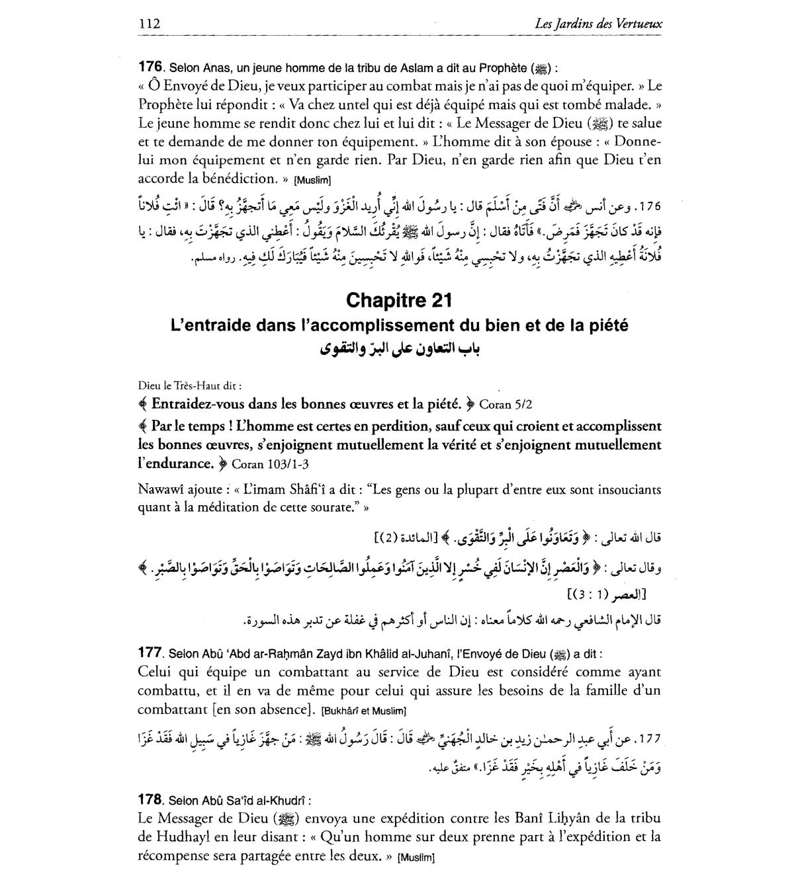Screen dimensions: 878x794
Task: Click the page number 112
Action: pyautogui.click(x=150, y=24)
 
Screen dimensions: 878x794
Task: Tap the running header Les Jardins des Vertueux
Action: pyautogui.click(x=599, y=24)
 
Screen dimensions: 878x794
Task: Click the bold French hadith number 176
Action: pyautogui.click(x=150, y=67)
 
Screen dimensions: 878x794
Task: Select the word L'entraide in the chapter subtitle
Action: pyautogui.click(x=206, y=325)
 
